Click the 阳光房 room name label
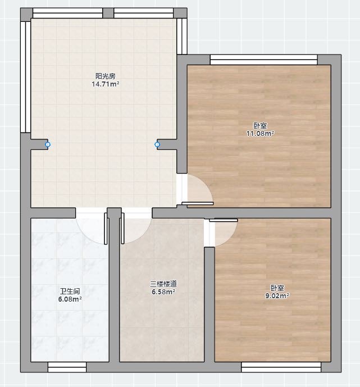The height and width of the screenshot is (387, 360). coord(106,76)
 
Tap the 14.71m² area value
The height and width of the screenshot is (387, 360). coord(106,84)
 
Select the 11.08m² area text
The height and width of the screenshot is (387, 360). coord(260,134)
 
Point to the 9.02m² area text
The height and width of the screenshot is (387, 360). coord(277,295)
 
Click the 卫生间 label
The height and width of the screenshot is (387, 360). coord(70,292)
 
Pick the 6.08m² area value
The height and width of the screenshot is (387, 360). coord(70,299)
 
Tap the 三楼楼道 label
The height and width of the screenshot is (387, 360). coord(163,284)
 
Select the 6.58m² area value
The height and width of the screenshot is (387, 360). coord(163,292)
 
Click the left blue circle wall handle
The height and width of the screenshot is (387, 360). coord(48,144)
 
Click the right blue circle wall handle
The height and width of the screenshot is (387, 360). coord(157,144)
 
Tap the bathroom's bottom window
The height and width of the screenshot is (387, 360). coord(67,367)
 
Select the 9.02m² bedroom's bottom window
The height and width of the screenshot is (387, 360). coord(281,367)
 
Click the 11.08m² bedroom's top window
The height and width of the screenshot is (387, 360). coord(263,60)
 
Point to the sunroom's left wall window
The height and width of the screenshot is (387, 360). coord(25,77)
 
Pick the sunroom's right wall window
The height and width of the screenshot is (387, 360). coord(182,37)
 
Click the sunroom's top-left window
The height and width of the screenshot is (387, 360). coord(67,13)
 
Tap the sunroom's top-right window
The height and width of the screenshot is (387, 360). coord(144,13)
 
